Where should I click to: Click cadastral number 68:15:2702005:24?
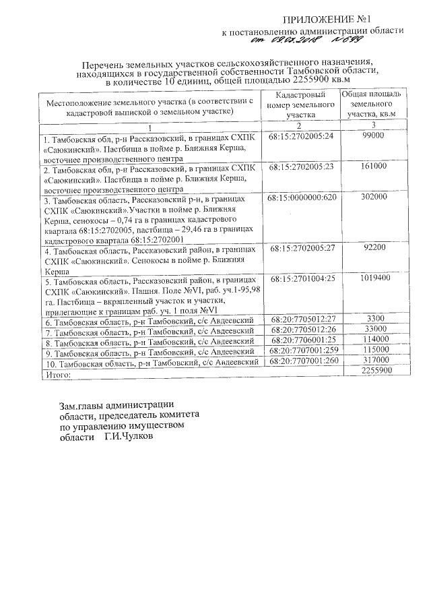pyautogui.click(x=300, y=135)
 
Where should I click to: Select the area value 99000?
pyautogui.click(x=372, y=135)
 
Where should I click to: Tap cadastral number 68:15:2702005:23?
pyautogui.click(x=300, y=166)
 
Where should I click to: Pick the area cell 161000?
pyautogui.click(x=373, y=166)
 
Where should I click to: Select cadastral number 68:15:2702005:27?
pyautogui.click(x=300, y=249)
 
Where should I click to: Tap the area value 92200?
pyautogui.click(x=373, y=249)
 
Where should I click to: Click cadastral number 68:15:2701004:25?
pyautogui.click(x=300, y=278)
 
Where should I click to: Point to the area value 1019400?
pyautogui.click(x=373, y=278)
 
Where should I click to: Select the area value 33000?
pyautogui.click(x=373, y=330)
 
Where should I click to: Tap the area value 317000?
pyautogui.click(x=373, y=362)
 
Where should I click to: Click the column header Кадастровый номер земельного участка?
pyautogui.click(x=300, y=106)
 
